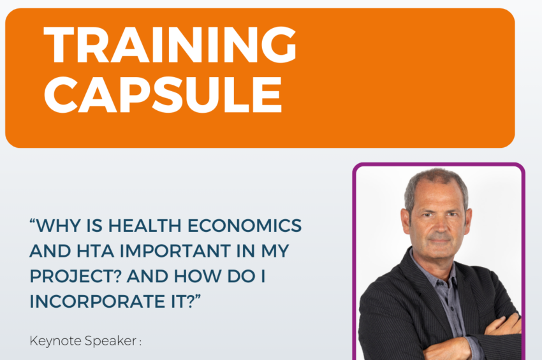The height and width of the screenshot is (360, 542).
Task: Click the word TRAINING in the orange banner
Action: click(170, 45)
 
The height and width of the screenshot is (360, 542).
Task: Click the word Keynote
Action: click(55, 341)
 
